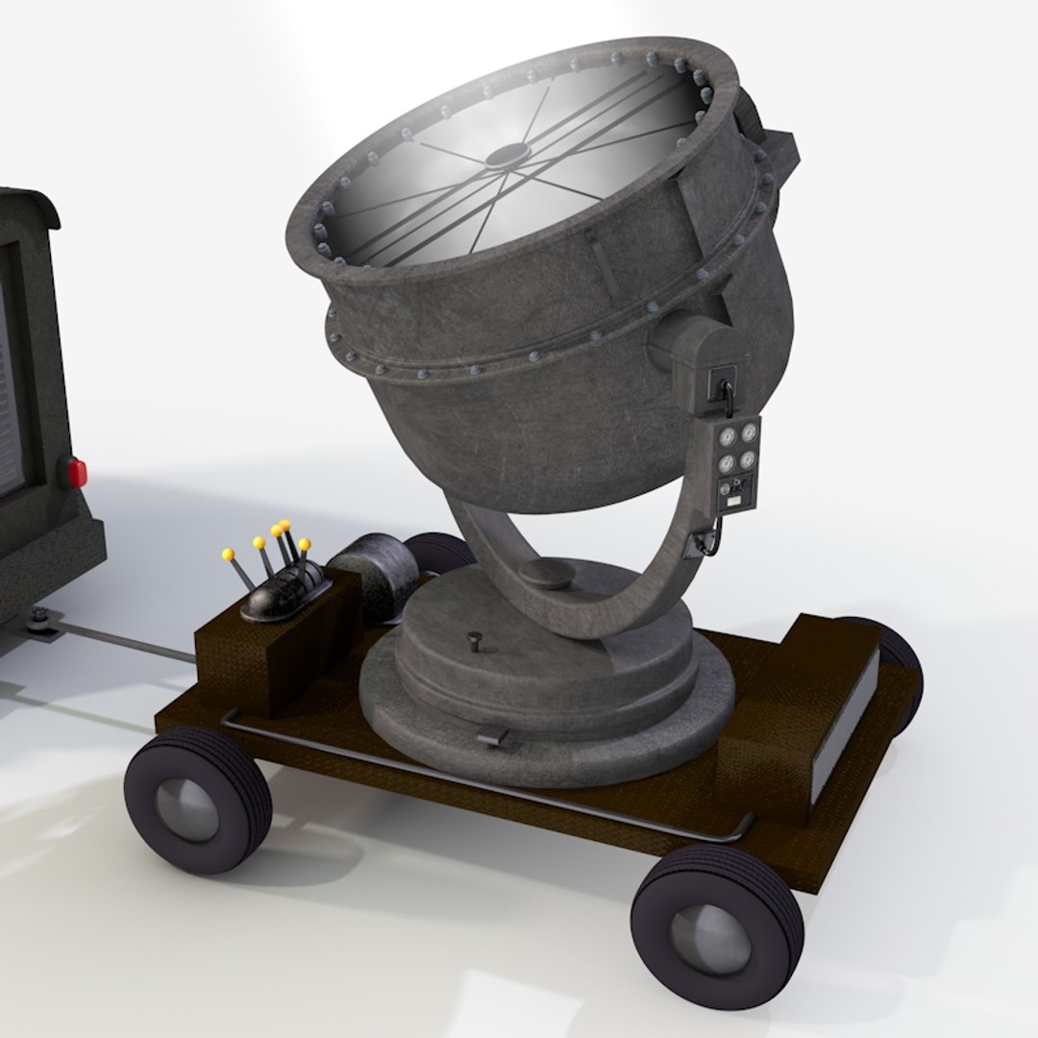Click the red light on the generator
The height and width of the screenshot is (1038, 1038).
click(74, 472)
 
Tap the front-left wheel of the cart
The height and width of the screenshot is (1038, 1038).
click(197, 799)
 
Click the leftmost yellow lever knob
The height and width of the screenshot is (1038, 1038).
click(228, 556)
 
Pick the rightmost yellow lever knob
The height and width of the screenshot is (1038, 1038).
click(304, 545)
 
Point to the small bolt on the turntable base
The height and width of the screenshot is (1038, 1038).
click(472, 636)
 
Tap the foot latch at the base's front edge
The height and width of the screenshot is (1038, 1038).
click(493, 736)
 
